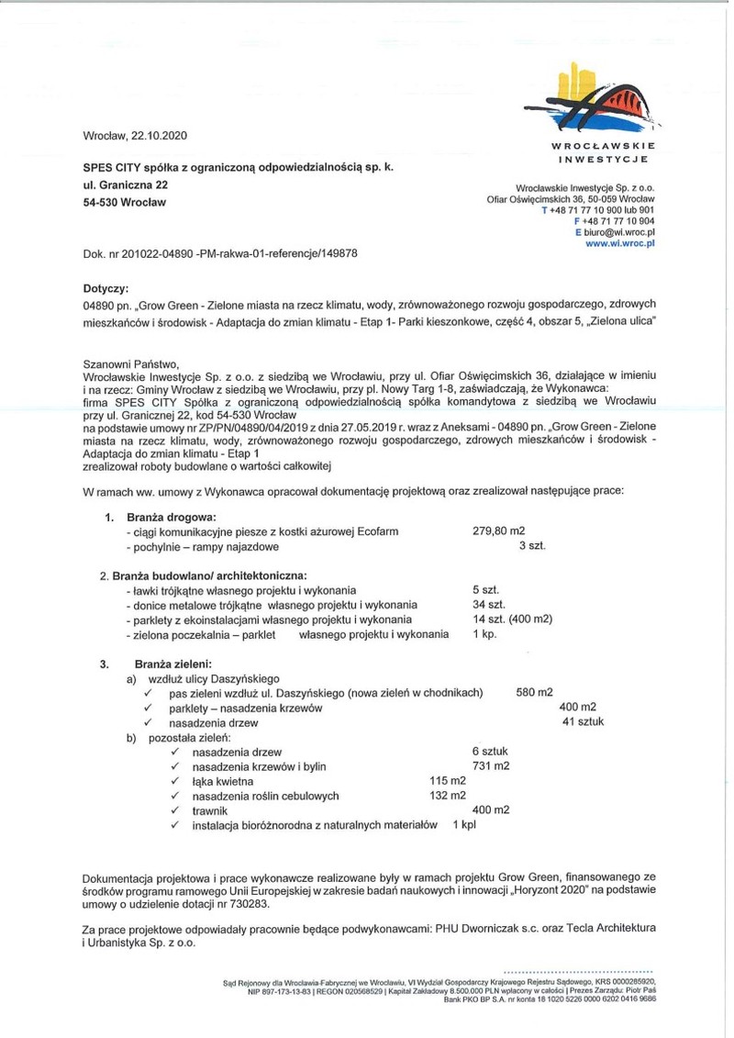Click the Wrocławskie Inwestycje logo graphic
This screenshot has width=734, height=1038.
[x=607, y=98]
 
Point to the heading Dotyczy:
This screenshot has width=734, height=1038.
[x=106, y=287]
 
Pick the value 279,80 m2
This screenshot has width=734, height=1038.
[x=497, y=531]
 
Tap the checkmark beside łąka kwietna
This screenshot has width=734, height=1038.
[x=173, y=781]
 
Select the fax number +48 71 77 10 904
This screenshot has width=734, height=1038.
[x=618, y=221]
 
